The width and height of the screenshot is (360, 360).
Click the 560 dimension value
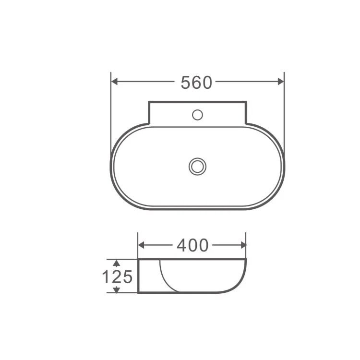pos(196,83)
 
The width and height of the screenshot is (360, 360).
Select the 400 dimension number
pos(192,245)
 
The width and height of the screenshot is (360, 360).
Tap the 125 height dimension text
pos(117,276)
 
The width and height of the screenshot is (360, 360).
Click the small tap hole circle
pos(197,115)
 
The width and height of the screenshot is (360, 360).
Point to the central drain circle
pos(197,167)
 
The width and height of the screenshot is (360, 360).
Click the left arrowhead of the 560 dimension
pos(114,82)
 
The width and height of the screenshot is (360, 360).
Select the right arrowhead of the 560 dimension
pos(281,82)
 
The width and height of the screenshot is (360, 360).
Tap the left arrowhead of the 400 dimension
pos(141,245)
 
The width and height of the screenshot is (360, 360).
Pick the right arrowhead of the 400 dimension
pos(243,245)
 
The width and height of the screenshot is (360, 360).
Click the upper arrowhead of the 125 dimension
pos(117,263)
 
